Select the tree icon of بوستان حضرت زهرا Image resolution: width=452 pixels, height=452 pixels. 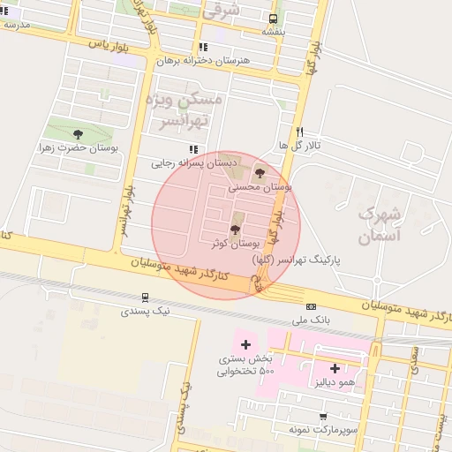79,134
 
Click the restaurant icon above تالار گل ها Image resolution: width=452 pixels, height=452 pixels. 300,130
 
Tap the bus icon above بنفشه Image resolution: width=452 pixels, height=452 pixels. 274,18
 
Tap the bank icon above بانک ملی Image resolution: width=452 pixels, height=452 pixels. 310,305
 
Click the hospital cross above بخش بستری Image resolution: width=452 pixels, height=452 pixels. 245,343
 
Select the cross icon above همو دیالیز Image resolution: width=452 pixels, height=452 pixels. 335,368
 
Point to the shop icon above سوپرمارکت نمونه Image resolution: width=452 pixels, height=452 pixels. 323,415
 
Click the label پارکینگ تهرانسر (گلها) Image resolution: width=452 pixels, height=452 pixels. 296,260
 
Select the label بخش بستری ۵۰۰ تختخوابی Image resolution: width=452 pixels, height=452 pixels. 246,365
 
